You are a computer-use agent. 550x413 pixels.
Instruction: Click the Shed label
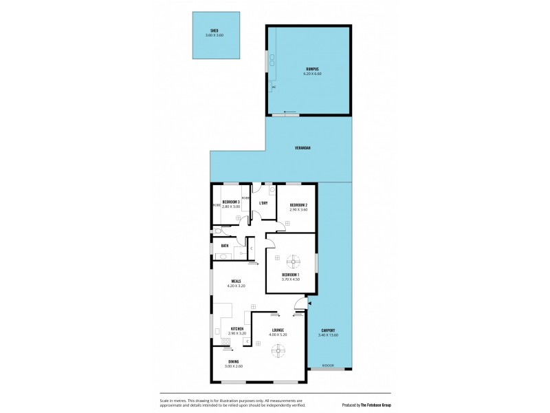215,31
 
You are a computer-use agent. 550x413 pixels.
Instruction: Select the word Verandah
300,148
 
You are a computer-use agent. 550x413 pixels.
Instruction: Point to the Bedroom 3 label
231,202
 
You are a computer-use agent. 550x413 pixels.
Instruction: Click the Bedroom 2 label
298,205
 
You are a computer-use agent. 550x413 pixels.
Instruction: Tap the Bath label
225,245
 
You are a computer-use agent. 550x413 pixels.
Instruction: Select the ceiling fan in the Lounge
278,351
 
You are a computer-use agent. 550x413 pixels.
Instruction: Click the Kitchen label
236,329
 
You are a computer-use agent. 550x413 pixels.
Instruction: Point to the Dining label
234,361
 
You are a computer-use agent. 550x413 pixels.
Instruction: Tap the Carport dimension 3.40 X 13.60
329,335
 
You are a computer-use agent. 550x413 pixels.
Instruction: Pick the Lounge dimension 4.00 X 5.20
278,335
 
